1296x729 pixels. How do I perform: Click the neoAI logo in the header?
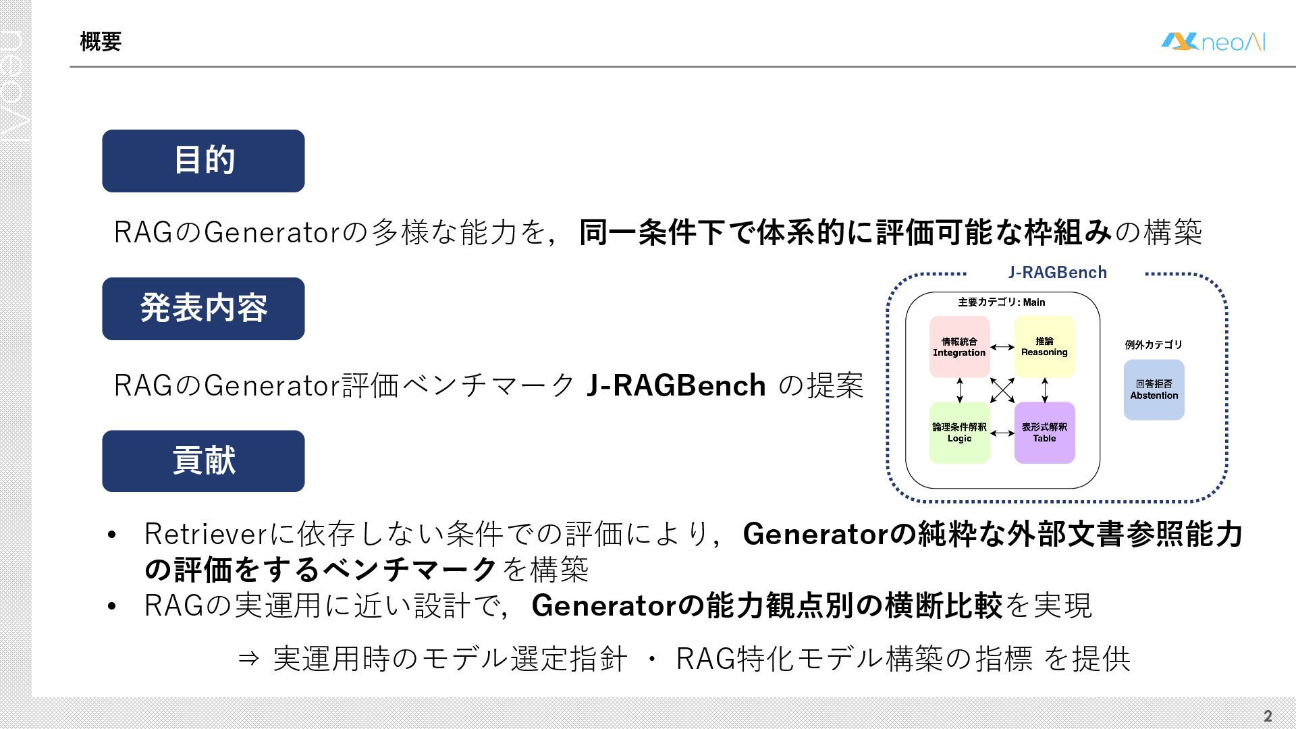tap(1213, 42)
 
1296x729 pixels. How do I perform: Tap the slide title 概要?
tap(101, 42)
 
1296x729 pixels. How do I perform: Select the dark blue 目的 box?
tap(203, 161)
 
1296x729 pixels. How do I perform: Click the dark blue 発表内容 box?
tap(203, 308)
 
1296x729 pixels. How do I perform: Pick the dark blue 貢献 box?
tap(203, 461)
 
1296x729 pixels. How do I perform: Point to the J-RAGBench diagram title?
tap(1057, 273)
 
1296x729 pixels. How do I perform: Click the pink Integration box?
tap(959, 347)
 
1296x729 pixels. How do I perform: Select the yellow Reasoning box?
tap(1044, 347)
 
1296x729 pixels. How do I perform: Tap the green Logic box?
tap(959, 433)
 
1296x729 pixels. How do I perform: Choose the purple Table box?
tap(1044, 433)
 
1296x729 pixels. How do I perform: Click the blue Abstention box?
tap(1154, 389)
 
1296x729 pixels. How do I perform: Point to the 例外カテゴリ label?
tap(1154, 345)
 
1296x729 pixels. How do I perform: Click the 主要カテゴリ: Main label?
tap(1002, 302)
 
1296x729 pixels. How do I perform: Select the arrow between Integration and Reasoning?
tap(1002, 348)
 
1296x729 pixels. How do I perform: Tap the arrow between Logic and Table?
tap(1002, 433)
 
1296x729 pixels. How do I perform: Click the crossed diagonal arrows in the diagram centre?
tap(1002, 390)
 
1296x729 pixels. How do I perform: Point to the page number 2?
tap(1268, 716)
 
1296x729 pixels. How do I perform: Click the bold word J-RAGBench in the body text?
tap(676, 385)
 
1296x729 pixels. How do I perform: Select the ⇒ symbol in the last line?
tap(248, 659)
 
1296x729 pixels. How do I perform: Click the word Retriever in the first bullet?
tap(206, 534)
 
